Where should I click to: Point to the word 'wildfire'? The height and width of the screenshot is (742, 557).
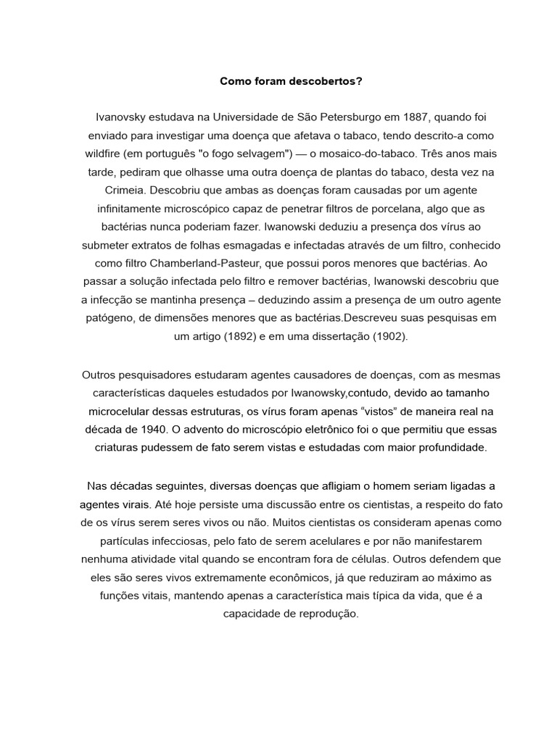[104, 154]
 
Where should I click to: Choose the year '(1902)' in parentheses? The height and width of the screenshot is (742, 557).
[389, 337]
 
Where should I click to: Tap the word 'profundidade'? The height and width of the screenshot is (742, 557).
[450, 447]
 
